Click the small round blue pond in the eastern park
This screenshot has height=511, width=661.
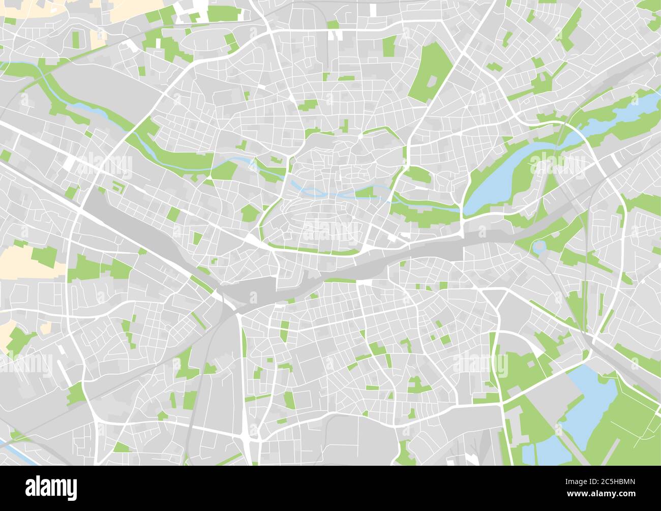point(538,248)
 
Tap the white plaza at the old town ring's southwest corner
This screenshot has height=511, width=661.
point(251,238)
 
